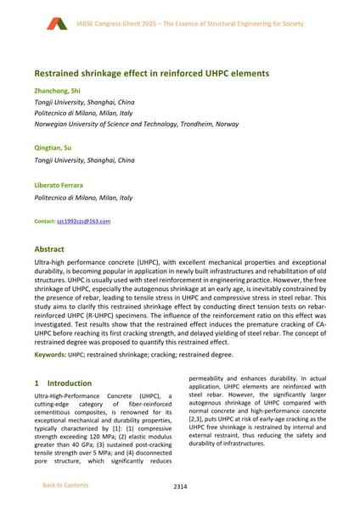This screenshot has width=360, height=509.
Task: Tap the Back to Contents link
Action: pos(65,484)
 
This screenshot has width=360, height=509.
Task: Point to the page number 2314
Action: pos(179,487)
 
